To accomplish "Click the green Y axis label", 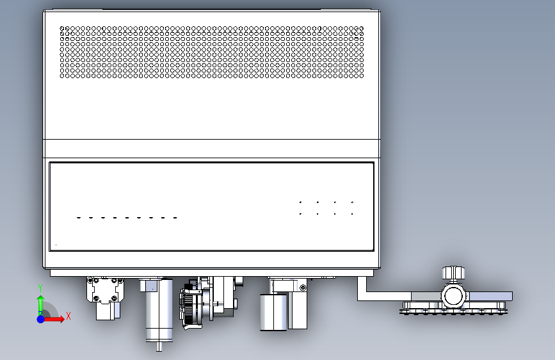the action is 40,288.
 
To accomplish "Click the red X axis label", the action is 68,315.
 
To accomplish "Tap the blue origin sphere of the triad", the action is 40,318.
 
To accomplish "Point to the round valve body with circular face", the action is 453,295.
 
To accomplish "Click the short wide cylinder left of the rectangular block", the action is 271,311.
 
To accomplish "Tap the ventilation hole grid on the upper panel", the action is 211,52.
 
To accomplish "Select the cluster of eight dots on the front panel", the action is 326,208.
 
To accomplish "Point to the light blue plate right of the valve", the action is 490,296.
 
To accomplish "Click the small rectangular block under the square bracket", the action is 105,311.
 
